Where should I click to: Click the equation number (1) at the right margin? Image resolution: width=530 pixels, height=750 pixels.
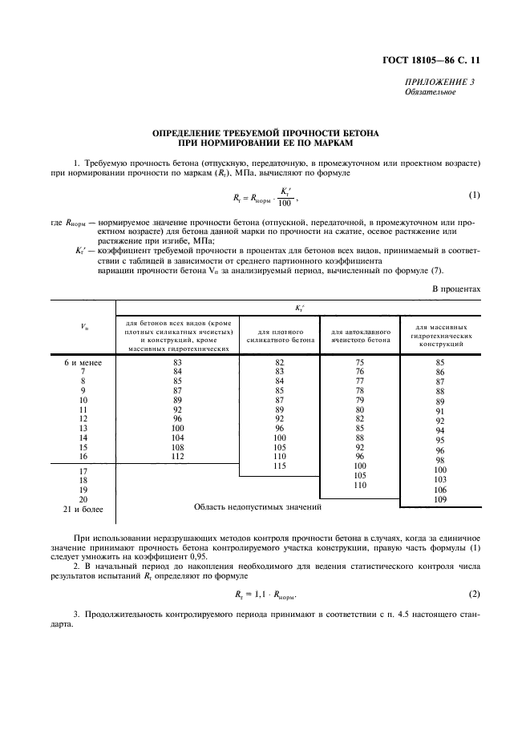click(474, 195)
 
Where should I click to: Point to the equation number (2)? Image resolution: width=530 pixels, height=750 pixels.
click(474, 594)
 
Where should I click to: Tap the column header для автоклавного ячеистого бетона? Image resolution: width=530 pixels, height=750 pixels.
click(360, 335)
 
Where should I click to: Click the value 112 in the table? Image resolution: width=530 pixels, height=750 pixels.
click(177, 457)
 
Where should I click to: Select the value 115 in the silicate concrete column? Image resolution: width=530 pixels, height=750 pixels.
click(280, 466)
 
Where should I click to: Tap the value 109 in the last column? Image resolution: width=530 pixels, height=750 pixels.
click(439, 500)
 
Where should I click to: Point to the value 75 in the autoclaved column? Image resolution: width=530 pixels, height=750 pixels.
click(360, 362)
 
